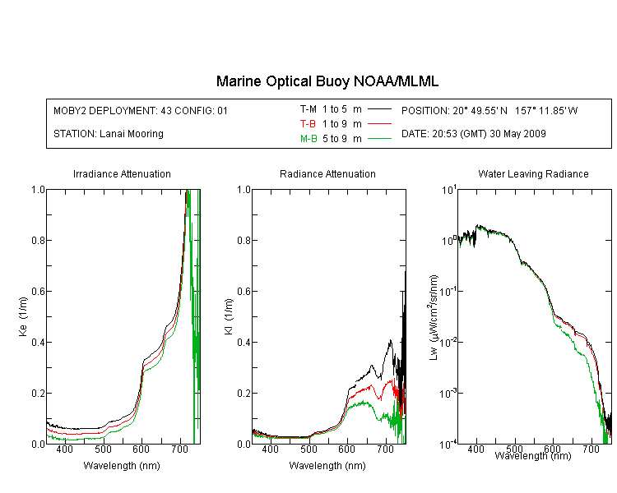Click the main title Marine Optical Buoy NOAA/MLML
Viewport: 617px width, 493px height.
tap(327, 81)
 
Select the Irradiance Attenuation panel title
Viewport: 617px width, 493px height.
tap(122, 173)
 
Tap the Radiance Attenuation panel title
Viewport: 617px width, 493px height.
tap(327, 173)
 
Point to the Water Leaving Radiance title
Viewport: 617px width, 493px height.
tap(533, 173)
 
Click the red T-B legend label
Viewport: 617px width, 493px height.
tap(308, 124)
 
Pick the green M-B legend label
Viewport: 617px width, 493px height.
tap(308, 139)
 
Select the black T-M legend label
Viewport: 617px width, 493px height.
tap(308, 109)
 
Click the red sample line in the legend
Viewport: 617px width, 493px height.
tap(379, 124)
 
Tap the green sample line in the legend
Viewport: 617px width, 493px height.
tap(379, 138)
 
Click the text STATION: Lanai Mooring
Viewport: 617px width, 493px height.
tap(109, 134)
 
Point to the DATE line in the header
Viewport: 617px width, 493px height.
tap(473, 134)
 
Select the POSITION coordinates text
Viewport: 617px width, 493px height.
tap(489, 110)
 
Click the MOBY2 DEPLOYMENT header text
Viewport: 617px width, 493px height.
tap(141, 110)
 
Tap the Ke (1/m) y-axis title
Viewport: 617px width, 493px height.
tap(23, 316)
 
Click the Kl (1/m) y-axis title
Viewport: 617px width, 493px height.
tap(229, 316)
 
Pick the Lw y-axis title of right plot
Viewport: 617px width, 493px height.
tap(434, 317)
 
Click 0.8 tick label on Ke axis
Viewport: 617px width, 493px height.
tap(38, 240)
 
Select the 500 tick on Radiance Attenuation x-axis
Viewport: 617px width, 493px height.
tap(308, 449)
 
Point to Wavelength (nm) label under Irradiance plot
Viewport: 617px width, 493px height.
tap(122, 466)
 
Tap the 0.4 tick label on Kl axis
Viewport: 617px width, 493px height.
tap(244, 342)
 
